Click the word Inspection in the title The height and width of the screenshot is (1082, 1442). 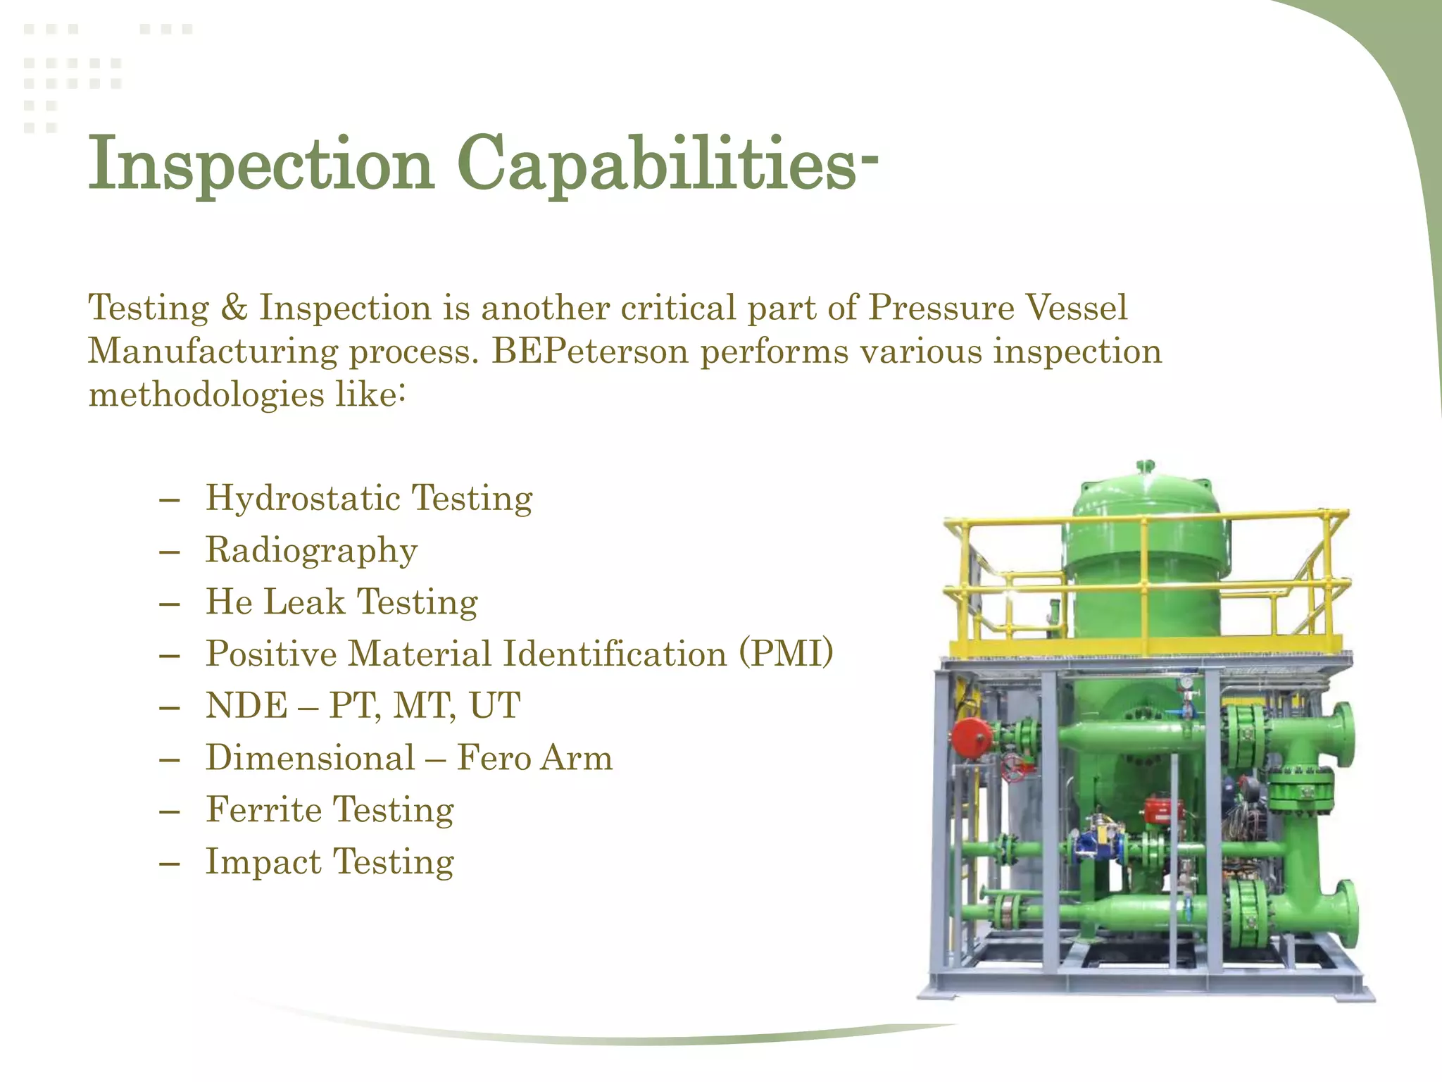tap(261, 163)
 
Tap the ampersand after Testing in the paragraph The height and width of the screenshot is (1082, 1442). tap(234, 308)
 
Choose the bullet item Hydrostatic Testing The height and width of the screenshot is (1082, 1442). tap(368, 498)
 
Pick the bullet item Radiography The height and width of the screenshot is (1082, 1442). tap(311, 550)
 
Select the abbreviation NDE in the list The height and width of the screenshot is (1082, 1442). tap(246, 706)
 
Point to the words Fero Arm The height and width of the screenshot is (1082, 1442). tap(534, 758)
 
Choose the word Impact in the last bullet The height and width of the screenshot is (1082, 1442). tap(263, 862)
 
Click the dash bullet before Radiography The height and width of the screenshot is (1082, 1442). tap(170, 550)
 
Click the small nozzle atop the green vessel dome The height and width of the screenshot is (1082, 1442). tap(1146, 467)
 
